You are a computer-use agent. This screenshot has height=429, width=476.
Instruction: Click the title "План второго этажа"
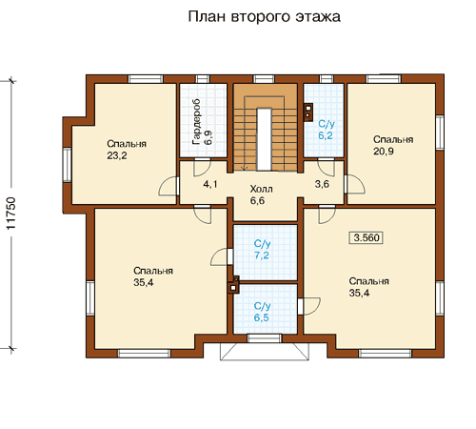point(265,17)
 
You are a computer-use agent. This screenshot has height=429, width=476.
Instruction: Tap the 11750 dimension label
point(10,214)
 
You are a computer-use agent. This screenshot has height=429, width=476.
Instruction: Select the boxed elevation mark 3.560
point(367,237)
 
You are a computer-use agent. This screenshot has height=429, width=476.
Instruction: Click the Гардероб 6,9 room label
point(202,122)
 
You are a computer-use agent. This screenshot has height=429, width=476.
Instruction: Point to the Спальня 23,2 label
point(127,150)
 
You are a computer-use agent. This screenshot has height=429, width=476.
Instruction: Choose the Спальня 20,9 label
point(393,145)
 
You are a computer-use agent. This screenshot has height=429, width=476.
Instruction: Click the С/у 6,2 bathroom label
point(327,130)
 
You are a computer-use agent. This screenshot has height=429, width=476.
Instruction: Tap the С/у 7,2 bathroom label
point(262,250)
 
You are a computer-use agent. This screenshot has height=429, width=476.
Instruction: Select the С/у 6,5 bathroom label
point(262,312)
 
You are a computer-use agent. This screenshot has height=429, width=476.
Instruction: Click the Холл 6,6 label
point(261,194)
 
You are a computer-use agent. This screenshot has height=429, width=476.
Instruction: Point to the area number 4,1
point(210,184)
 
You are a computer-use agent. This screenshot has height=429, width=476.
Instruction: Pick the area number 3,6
point(322,184)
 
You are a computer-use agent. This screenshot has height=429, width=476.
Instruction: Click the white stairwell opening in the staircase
point(264,139)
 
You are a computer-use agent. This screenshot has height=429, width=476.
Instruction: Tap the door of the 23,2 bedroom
point(169,186)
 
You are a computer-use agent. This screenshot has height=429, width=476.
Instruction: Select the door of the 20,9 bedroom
point(355,184)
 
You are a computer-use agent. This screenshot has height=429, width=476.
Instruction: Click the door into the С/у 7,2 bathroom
point(222,256)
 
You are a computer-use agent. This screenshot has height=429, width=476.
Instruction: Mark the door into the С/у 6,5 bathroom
point(309,306)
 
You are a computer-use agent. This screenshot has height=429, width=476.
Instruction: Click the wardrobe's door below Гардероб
point(203,167)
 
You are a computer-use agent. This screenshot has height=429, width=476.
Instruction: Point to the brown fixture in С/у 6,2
point(308,112)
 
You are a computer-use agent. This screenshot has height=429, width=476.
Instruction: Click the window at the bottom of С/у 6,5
point(265,338)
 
